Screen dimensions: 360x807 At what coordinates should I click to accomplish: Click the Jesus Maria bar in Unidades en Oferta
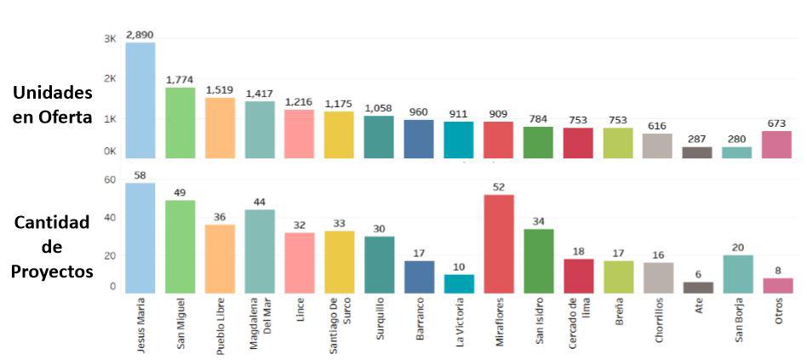point(140,100)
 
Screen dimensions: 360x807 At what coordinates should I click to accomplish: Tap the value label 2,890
point(140,35)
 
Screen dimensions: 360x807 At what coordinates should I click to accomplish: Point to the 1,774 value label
point(180,79)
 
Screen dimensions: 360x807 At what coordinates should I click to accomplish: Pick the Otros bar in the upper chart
point(776,145)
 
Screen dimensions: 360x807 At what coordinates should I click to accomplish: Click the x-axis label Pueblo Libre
point(220,323)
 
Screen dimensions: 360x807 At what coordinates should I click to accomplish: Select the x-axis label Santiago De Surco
point(339,328)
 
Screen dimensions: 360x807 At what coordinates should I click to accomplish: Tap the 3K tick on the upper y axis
point(110,39)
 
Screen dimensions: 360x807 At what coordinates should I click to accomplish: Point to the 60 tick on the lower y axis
point(110,180)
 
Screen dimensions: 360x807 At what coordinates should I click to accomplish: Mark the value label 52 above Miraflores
point(499,187)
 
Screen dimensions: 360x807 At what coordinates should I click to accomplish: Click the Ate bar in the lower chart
point(697,288)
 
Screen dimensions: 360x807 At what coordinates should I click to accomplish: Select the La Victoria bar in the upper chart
point(459,140)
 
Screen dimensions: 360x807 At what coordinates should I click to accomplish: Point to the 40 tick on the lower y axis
point(110,217)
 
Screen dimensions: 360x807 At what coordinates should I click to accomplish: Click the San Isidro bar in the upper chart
point(538,142)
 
